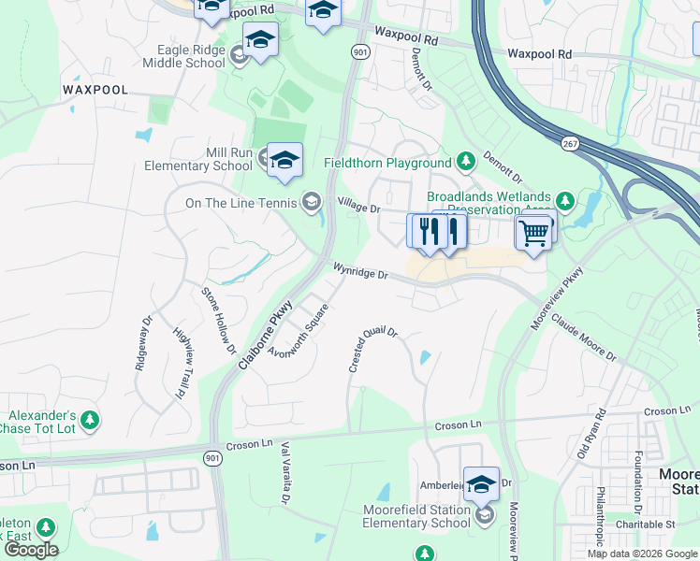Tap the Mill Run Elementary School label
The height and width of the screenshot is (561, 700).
coord(198,159)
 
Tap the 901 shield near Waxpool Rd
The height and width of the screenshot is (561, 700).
coord(360,53)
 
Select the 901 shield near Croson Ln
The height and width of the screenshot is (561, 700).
coord(213,454)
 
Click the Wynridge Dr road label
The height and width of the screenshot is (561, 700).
coord(360,271)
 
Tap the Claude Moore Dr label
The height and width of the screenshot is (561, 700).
coord(583,338)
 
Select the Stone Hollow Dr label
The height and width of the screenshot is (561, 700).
coord(219,321)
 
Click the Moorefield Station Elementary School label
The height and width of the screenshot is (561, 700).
coord(416,516)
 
